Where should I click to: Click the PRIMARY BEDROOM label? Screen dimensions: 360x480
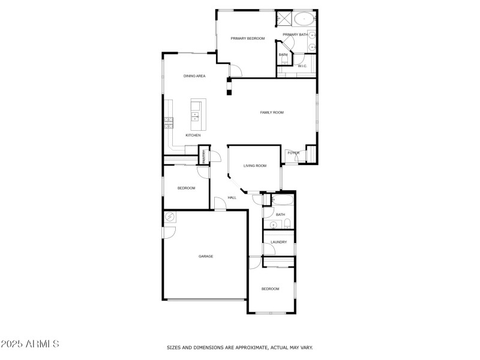pos(248,38)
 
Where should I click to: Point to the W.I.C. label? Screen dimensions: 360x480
pos(302,66)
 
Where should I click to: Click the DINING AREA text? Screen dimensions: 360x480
pos(194,76)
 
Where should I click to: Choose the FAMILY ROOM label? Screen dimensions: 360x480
pos(271,112)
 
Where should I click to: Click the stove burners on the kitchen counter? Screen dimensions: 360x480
pos(169,123)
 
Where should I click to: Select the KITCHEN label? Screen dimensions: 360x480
pos(193,135)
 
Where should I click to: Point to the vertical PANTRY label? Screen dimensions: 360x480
pos(204,157)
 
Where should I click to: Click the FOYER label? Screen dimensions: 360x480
pos(293,153)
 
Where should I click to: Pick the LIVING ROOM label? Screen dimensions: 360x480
pos(254,166)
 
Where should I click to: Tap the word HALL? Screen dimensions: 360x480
pos(232,197)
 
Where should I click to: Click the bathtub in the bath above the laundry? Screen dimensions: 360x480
pos(281,199)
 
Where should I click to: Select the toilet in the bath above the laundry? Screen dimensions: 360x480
pos(287,224)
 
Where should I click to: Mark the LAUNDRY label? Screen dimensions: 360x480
pos(279,242)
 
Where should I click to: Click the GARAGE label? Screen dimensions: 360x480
pos(206,256)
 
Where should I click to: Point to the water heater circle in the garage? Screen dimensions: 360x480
pos(170,217)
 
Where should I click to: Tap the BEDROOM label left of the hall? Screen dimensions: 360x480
pos(186,188)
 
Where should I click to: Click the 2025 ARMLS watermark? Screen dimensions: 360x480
pos(30,344)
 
